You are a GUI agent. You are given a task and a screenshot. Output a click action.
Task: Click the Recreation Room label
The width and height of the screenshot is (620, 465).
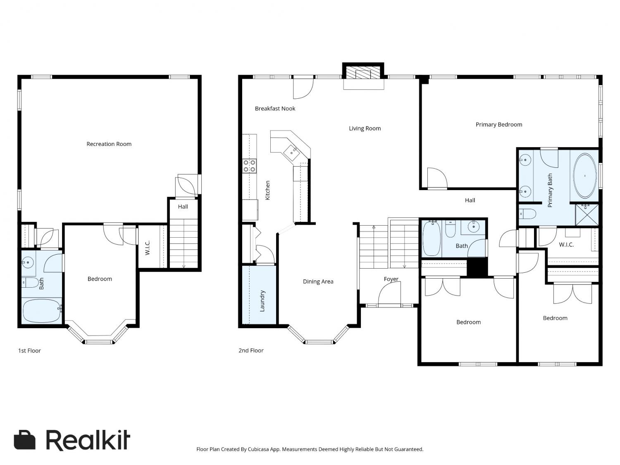tap(109, 144)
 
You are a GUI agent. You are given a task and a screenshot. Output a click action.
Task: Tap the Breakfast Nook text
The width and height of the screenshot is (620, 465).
tap(275, 108)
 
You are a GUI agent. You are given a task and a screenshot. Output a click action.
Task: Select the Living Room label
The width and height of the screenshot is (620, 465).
tap(365, 129)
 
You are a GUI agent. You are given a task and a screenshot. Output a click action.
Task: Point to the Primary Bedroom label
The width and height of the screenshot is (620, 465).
tap(498, 124)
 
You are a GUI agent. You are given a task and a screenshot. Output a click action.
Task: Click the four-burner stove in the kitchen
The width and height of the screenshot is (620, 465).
tap(249, 166)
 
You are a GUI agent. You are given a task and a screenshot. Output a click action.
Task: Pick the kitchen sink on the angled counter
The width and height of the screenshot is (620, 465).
tap(291, 153)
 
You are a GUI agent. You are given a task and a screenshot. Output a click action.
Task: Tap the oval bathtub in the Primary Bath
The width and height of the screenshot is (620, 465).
tap(584, 176)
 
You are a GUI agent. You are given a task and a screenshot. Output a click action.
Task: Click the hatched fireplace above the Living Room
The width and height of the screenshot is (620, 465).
tap(363, 73)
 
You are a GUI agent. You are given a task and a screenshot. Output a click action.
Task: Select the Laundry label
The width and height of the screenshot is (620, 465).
tap(262, 300)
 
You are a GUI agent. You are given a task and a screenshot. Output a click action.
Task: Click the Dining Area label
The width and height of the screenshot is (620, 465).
tap(318, 281)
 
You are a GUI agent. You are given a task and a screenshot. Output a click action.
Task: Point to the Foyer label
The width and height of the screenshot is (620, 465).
tap(391, 279)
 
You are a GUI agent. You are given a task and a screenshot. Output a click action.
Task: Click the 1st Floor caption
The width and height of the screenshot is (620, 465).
tap(29, 351)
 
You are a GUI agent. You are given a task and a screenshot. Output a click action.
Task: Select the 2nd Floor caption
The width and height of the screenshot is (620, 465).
tap(251, 351)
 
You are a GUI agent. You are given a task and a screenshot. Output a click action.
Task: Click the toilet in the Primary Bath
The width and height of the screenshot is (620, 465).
tap(527, 214)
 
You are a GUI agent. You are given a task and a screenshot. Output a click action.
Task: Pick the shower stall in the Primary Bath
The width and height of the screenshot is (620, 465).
tap(587, 215)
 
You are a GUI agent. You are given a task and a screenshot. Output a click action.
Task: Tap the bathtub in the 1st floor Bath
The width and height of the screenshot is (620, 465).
tap(42, 311)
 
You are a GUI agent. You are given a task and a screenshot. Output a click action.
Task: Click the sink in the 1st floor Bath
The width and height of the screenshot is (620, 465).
tap(28, 262)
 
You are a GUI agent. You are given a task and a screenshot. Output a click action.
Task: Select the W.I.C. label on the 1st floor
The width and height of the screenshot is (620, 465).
tap(148, 248)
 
